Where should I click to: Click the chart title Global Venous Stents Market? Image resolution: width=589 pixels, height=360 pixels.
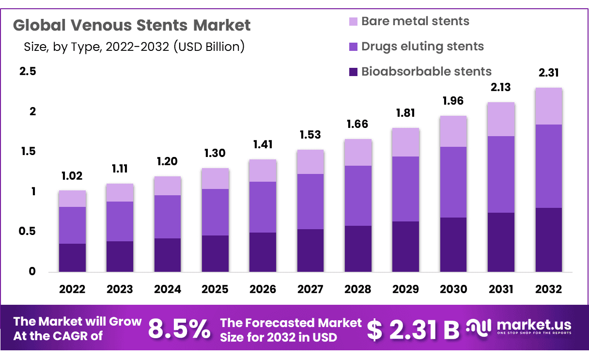(x=132, y=25)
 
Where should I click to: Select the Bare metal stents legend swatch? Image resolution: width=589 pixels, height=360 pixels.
(x=353, y=22)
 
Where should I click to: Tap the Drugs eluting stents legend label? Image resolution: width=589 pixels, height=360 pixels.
(x=422, y=47)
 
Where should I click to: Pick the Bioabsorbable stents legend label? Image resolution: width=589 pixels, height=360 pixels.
(x=426, y=72)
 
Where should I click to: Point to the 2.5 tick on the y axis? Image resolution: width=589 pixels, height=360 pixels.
(x=27, y=72)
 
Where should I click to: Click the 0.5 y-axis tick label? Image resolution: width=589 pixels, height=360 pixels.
(x=27, y=232)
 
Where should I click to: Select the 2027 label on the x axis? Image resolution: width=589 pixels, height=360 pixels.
(x=310, y=289)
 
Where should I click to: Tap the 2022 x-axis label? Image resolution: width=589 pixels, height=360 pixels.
(x=72, y=289)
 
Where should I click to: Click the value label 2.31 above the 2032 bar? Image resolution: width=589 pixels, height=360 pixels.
(x=548, y=73)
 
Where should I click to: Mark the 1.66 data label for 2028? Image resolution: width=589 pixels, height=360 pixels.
(x=358, y=124)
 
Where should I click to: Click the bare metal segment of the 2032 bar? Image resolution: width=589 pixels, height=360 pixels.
(x=548, y=106)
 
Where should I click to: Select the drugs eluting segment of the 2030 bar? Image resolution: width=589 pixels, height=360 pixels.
(x=453, y=182)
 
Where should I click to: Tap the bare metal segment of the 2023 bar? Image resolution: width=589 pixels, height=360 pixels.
(x=120, y=193)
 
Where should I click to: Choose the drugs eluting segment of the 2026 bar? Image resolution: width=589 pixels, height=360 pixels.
(x=263, y=207)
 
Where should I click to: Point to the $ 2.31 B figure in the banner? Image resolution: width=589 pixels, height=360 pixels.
(x=413, y=329)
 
